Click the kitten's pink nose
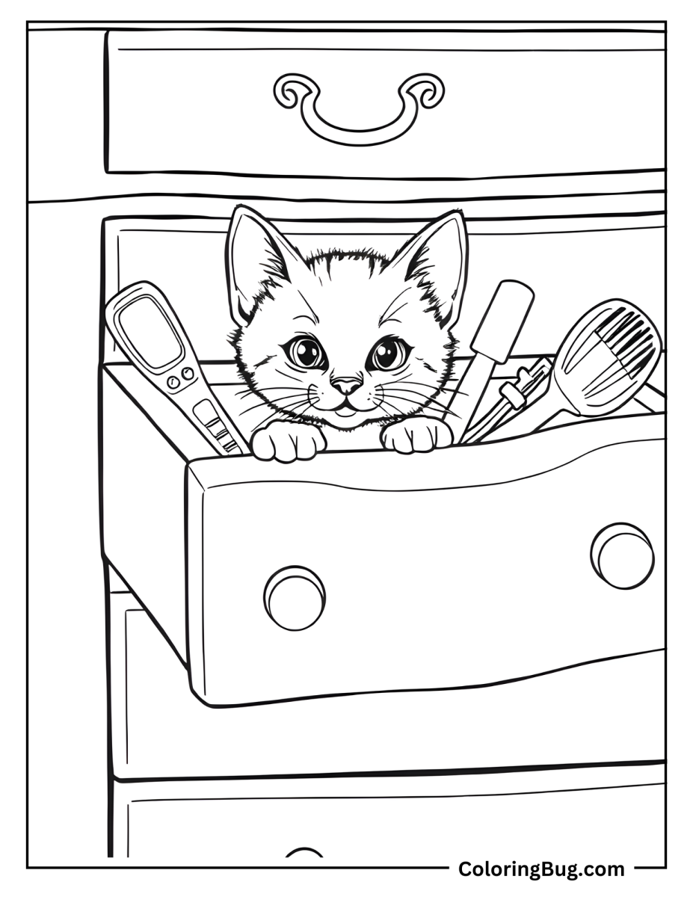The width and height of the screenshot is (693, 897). point(346,386)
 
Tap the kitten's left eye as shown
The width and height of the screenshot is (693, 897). point(307,351)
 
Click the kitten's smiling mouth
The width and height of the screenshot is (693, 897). point(346,408)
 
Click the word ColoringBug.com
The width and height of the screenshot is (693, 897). point(541,869)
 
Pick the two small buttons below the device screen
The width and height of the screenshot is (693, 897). point(179,378)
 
